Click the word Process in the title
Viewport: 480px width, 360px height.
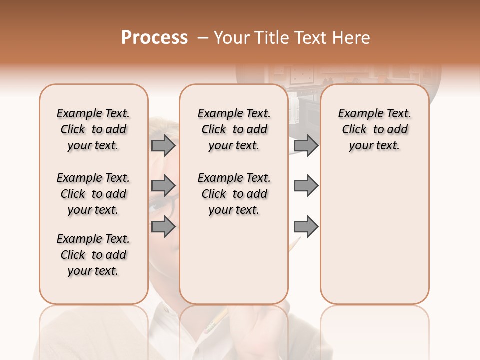(154, 38)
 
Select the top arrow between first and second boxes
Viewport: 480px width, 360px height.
(163, 145)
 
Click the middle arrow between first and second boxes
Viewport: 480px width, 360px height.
(163, 186)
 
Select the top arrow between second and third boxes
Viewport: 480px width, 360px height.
(306, 145)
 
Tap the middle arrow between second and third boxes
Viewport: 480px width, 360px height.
(306, 186)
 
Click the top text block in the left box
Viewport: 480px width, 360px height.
(93, 129)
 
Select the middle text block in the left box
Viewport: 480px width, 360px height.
(93, 194)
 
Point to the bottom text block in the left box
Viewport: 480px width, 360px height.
(93, 255)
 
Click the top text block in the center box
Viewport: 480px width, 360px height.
(234, 129)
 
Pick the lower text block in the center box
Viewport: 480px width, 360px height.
(234, 194)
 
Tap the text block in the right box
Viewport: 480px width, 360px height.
(375, 129)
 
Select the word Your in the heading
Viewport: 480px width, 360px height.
(231, 38)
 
